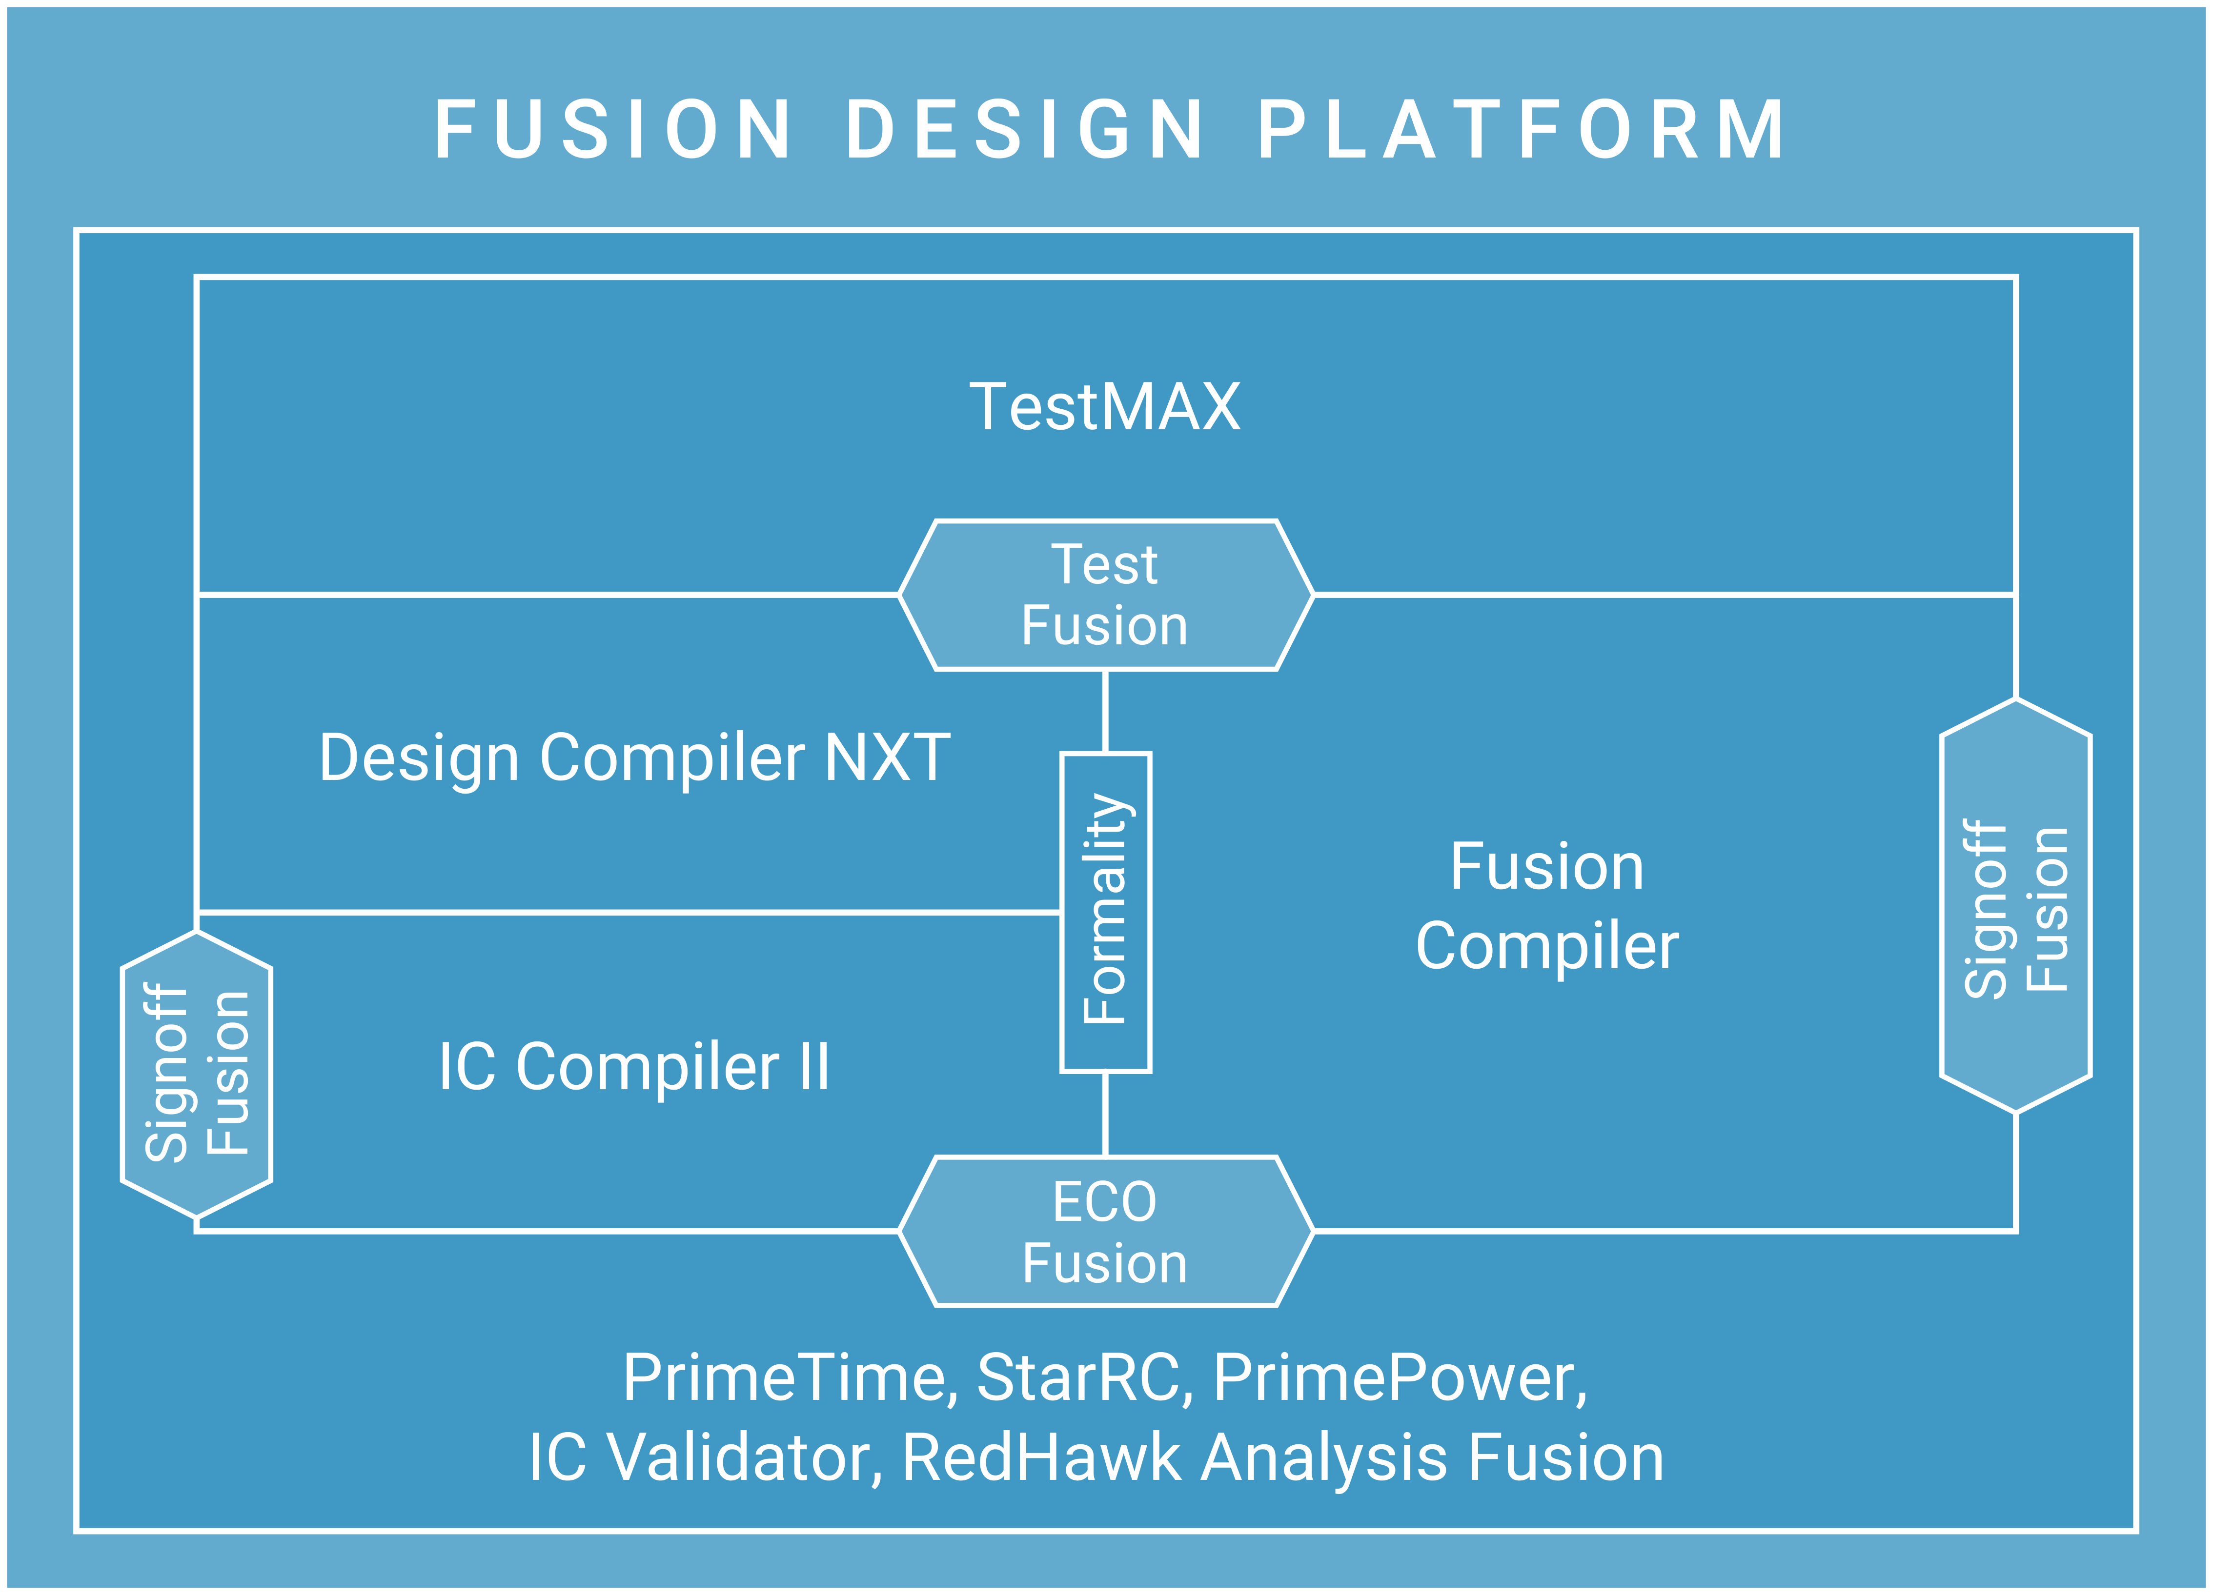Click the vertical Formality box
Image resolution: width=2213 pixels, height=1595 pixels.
point(1106,912)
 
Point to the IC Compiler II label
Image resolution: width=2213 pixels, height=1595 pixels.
point(634,1066)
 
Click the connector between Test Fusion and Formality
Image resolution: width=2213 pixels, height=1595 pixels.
point(1105,711)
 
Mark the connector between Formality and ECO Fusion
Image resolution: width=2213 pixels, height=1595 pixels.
point(1105,1114)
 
